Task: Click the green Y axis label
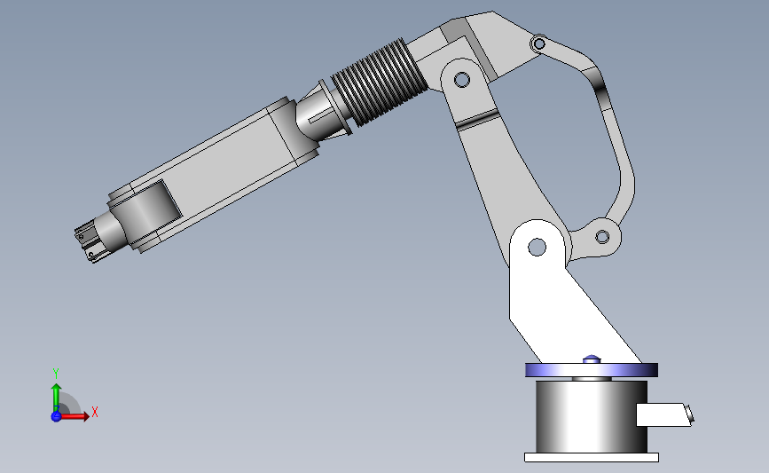tap(56, 374)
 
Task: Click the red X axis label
tap(95, 412)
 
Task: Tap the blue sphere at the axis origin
tap(56, 416)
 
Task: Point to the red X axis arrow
tap(74, 416)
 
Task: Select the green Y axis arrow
tap(57, 398)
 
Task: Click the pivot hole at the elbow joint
tap(461, 79)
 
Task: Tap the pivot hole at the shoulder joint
tap(537, 247)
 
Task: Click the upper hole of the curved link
tap(539, 43)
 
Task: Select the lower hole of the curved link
tap(602, 237)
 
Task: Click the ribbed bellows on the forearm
tap(379, 82)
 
